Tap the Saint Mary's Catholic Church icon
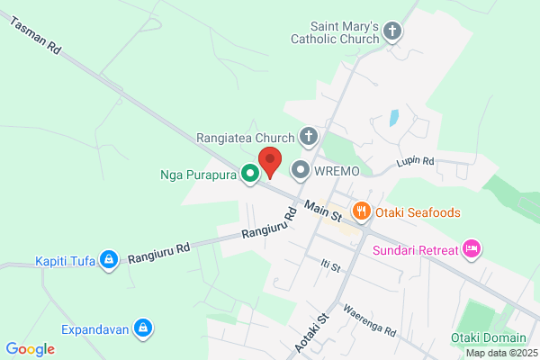tap(391, 32)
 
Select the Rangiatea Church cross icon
tap(308, 138)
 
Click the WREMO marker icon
tap(300, 168)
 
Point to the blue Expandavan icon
tap(142, 328)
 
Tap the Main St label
tap(323, 212)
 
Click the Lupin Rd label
tap(416, 163)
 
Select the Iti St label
tap(329, 266)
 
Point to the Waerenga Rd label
tap(369, 319)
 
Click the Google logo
tap(30, 349)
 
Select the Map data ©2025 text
tap(501, 353)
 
